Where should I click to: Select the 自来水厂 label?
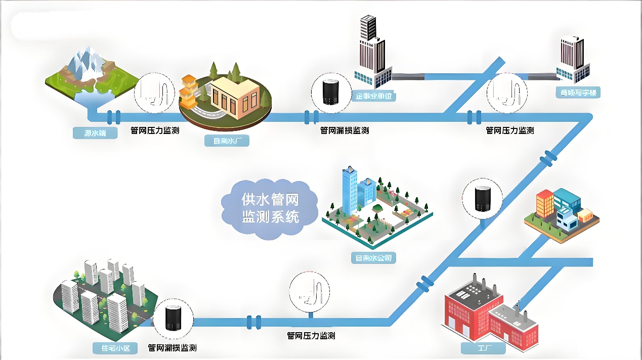click(x=227, y=141)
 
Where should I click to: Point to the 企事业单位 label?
click(x=374, y=96)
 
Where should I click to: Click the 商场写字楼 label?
click(x=578, y=93)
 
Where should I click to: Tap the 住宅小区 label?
click(x=115, y=348)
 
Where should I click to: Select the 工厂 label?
click(x=483, y=348)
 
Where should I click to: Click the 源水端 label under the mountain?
click(x=94, y=133)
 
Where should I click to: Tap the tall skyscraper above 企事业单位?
click(x=372, y=48)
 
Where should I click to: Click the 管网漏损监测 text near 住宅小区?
click(x=172, y=348)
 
